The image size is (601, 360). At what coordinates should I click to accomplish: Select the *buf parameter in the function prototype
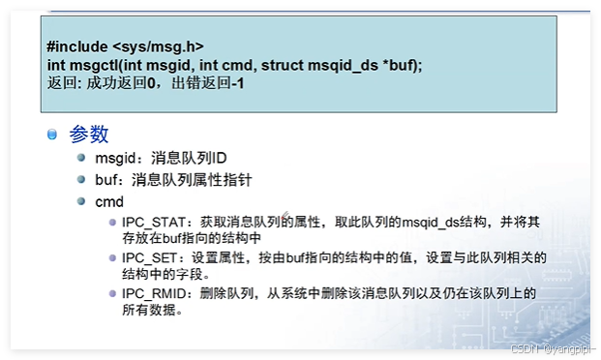(x=405, y=65)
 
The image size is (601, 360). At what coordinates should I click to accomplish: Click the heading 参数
(x=89, y=135)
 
